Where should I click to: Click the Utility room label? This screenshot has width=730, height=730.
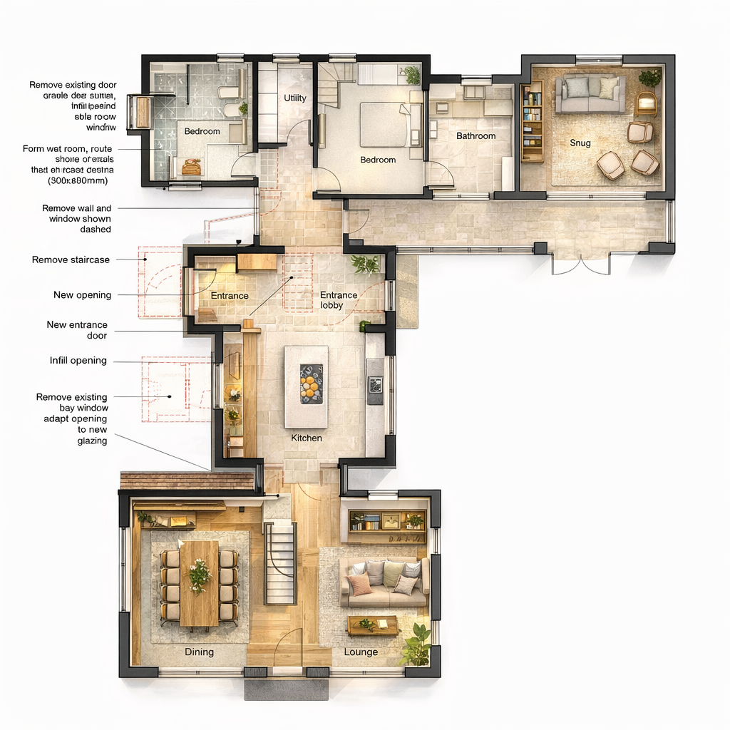pos(295,98)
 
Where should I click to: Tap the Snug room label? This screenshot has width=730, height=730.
pos(580,143)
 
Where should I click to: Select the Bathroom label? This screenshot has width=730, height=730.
pos(475,135)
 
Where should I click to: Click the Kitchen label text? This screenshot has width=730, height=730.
pos(307,438)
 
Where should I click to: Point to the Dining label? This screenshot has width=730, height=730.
pos(199,652)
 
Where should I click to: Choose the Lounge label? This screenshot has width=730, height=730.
pos(361,652)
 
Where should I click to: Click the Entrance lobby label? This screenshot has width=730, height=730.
pos(339,300)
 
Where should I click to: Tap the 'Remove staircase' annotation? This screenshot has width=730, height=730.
pos(71,259)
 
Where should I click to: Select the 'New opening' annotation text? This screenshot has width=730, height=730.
pos(82,295)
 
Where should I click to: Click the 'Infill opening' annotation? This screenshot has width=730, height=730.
pos(78,361)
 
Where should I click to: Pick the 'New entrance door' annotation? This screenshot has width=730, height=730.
pos(77,330)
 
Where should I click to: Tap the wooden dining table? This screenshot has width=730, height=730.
pos(199,582)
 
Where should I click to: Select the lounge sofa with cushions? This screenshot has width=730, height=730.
pos(384,581)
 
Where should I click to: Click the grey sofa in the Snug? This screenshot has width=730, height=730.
pos(590,95)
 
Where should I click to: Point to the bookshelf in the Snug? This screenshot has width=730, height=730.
pos(532,121)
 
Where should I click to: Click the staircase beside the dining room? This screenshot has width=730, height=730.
pos(279,563)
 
